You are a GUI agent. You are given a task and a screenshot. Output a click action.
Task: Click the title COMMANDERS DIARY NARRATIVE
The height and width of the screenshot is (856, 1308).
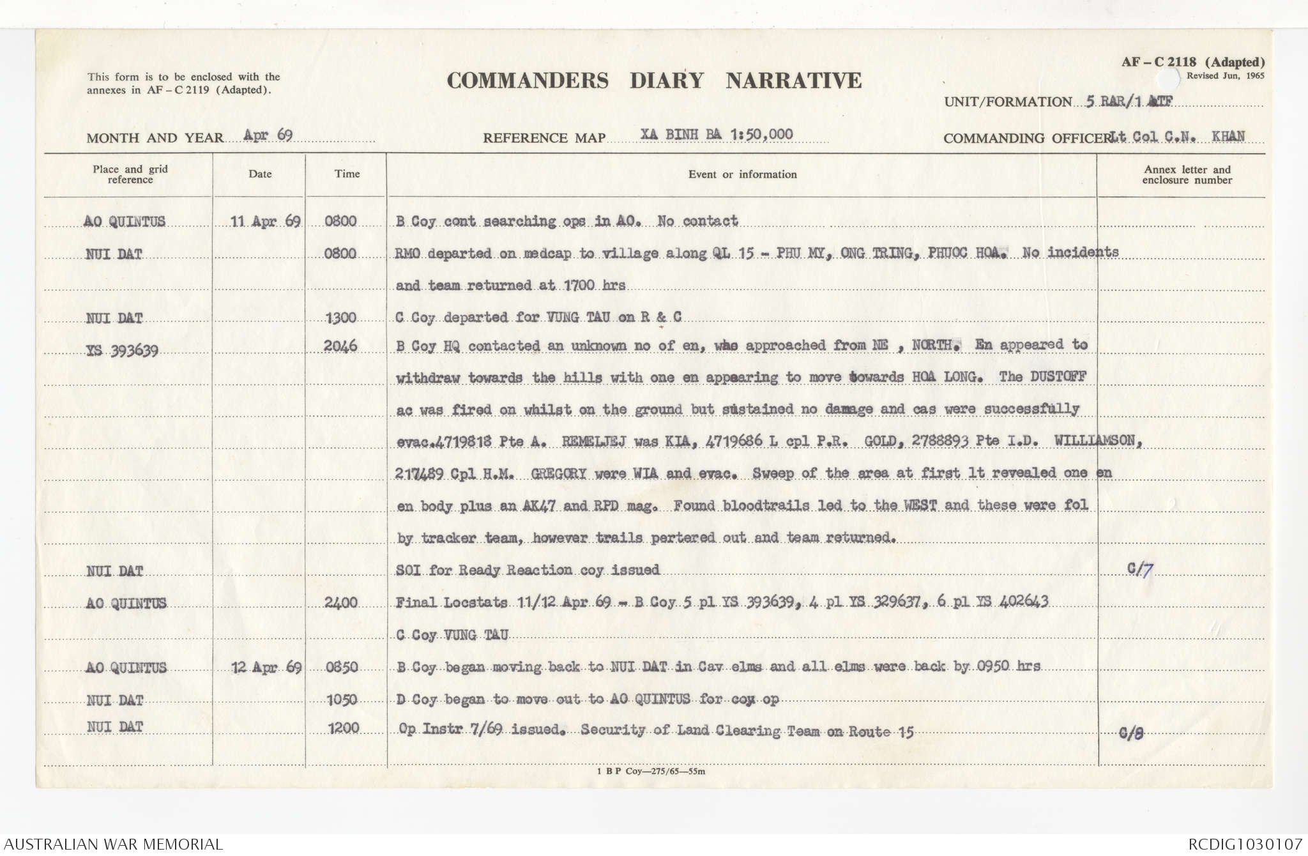[x=654, y=80]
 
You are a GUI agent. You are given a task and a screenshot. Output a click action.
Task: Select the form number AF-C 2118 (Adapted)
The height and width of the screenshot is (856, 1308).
[x=1192, y=62]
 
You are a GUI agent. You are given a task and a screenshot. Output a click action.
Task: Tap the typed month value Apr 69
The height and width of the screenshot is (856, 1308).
[x=268, y=135]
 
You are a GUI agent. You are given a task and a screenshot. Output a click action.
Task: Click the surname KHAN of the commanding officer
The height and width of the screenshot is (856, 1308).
[x=1228, y=136]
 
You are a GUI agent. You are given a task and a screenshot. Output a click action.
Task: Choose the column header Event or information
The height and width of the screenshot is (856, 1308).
[x=742, y=174]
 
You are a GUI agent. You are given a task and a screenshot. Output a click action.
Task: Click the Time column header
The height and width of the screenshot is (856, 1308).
[x=347, y=174]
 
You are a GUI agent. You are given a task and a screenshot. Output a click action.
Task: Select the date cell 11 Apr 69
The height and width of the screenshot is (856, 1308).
[x=265, y=222]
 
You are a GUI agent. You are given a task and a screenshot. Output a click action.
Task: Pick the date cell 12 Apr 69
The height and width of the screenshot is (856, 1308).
[x=266, y=668]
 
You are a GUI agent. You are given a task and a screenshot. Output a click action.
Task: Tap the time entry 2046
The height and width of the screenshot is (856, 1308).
[x=340, y=346]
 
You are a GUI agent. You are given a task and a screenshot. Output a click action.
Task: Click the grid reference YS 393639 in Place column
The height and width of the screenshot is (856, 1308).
[x=122, y=350]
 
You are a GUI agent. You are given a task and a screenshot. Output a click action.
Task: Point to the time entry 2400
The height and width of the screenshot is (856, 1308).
[x=340, y=602]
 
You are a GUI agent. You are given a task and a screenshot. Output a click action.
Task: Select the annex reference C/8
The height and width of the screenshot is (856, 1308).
[x=1131, y=733]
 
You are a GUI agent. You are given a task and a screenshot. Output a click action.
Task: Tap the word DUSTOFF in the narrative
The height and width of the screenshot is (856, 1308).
[x=1057, y=376]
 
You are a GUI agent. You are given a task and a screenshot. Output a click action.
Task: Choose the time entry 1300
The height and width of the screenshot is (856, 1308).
[x=340, y=317]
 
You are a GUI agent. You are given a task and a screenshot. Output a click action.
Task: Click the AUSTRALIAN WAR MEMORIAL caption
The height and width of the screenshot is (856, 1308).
[x=113, y=844]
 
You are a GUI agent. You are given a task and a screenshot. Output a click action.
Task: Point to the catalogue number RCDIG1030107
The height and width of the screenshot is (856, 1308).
[x=1245, y=844]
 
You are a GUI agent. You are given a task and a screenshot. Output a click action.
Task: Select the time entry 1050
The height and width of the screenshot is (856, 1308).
[x=341, y=700]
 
